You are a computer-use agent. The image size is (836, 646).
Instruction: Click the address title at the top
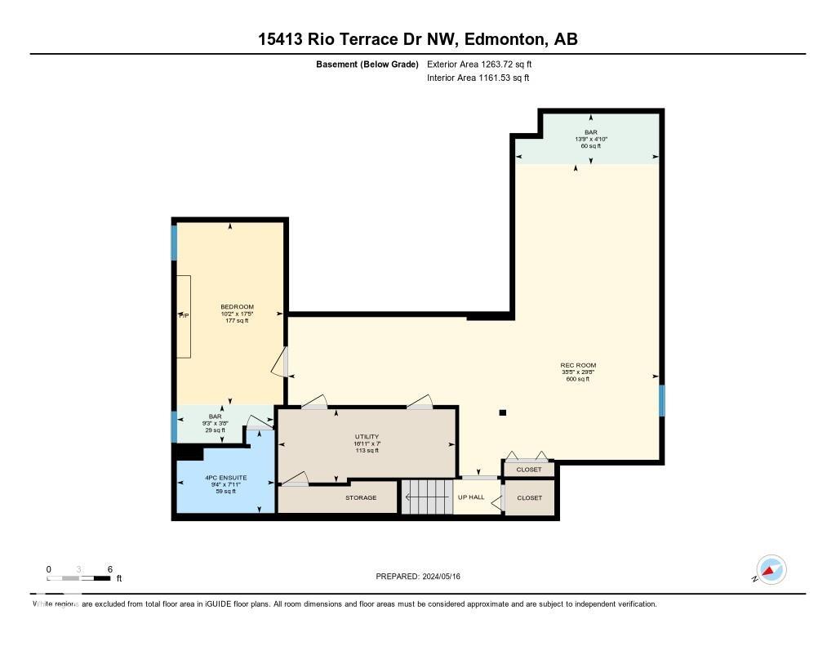pyautogui.click(x=418, y=39)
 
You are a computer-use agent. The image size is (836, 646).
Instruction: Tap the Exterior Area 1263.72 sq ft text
pyautogui.click(x=480, y=64)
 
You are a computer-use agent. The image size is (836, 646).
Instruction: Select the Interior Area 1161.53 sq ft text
pyautogui.click(x=478, y=78)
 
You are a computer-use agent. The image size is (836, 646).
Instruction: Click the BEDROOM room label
pyautogui.click(x=237, y=307)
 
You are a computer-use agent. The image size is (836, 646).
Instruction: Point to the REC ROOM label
pyautogui.click(x=577, y=365)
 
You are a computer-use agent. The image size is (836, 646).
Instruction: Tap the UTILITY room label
pyautogui.click(x=367, y=437)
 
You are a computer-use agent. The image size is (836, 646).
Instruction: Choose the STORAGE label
pyautogui.click(x=360, y=497)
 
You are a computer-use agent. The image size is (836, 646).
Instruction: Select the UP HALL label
pyautogui.click(x=471, y=497)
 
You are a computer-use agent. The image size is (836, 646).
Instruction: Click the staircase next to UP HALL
pyautogui.click(x=425, y=497)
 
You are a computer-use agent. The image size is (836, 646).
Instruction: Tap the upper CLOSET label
pyautogui.click(x=529, y=470)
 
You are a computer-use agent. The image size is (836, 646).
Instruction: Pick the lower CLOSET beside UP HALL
pyautogui.click(x=529, y=497)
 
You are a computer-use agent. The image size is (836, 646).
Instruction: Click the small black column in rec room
pyautogui.click(x=502, y=412)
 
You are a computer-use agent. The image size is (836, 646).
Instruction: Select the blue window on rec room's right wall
pyautogui.click(x=662, y=400)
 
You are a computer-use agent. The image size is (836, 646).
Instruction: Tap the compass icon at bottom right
pyautogui.click(x=771, y=570)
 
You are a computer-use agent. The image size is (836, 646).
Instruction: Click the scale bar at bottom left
pyautogui.click(x=78, y=578)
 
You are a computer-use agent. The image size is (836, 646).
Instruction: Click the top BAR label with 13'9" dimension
pyautogui.click(x=590, y=132)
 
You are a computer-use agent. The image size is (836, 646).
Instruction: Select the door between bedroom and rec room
pyautogui.click(x=282, y=362)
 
